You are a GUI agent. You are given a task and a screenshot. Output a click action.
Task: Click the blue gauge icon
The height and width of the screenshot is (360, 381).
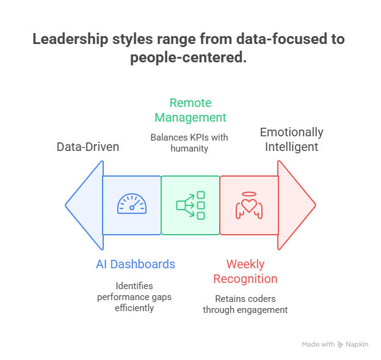pos(132,204)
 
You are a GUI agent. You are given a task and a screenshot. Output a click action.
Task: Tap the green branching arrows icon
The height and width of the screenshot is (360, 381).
pos(191,205)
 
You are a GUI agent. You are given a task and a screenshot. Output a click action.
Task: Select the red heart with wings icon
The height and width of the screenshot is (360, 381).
pos(249,206)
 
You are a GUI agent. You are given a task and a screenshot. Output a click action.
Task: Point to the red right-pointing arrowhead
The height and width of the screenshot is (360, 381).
pos(296,205)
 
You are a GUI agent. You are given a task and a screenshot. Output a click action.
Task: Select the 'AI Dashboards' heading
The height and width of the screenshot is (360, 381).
pos(136,264)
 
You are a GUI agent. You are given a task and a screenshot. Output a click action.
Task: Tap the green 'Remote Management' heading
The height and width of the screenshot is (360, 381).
pos(191,110)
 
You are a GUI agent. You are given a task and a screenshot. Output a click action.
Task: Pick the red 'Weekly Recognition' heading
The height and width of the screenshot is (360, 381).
pos(245,271)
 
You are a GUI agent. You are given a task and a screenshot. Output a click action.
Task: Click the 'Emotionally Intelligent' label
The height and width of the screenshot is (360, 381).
pos(291,139)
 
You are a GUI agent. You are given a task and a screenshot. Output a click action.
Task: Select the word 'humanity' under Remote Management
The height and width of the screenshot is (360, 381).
pos(190,148)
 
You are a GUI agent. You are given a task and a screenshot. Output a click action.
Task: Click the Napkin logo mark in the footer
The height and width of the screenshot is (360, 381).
pos(341,345)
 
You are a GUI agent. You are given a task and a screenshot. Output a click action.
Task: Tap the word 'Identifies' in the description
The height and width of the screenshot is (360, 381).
pos(134,286)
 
